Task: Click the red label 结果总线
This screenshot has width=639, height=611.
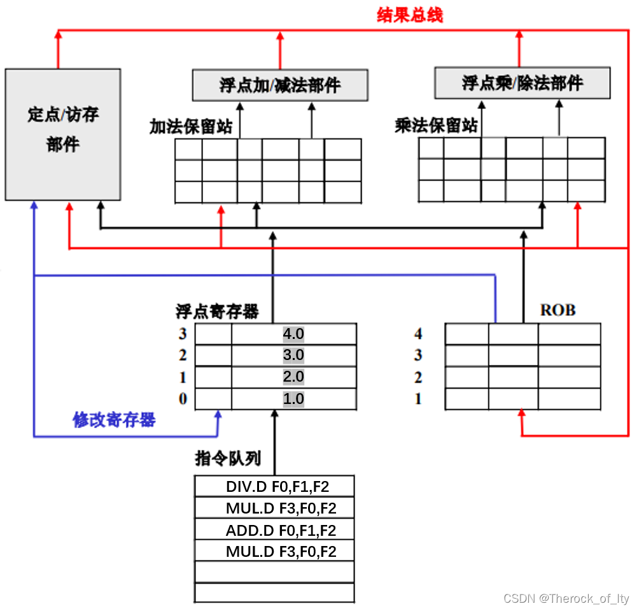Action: tap(409, 15)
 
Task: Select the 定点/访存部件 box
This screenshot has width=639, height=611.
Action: tap(62, 134)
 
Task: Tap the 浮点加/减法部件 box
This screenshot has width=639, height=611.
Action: tap(280, 85)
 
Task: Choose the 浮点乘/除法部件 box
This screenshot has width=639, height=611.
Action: tap(522, 83)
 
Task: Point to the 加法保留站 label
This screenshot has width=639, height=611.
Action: tap(191, 126)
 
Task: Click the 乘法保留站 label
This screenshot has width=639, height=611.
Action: tap(436, 126)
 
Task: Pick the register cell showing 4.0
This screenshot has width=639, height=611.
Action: tap(293, 334)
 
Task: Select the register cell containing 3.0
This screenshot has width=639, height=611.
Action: tap(293, 356)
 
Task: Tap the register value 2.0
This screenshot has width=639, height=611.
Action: tap(293, 377)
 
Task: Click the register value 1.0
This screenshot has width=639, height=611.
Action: tap(293, 399)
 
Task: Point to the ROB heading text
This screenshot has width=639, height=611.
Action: tap(558, 310)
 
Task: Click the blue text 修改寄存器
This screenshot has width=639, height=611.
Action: tap(115, 420)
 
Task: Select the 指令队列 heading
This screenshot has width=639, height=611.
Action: tap(227, 458)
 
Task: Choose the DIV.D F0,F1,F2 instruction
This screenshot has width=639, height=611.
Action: tap(281, 487)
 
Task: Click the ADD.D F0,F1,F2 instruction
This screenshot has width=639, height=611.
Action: tap(281, 530)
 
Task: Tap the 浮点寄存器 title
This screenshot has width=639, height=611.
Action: tap(217, 311)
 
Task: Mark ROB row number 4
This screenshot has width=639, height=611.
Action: tap(418, 334)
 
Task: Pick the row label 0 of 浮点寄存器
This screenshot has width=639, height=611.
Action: tap(183, 399)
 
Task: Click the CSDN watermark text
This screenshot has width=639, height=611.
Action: tap(566, 599)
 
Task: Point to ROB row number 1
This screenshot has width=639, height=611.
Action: tap(418, 399)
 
